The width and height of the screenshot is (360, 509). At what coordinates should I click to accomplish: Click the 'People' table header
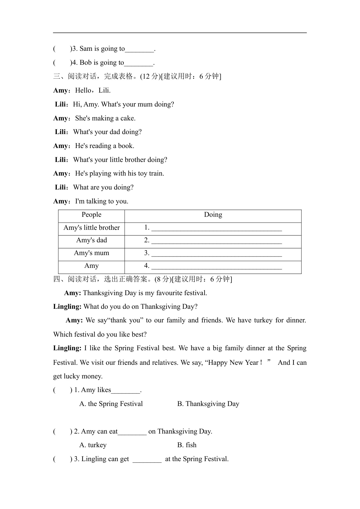click(91, 215)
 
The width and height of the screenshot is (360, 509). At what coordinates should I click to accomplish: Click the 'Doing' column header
click(213, 215)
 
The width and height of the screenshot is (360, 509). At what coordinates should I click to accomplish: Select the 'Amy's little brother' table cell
click(91, 228)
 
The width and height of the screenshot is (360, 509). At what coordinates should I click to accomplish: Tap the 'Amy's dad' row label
click(91, 240)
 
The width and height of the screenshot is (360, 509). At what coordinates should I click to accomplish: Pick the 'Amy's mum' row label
click(91, 253)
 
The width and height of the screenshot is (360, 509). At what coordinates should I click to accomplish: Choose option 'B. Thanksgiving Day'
click(208, 404)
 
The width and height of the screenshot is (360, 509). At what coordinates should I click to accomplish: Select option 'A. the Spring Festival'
click(111, 404)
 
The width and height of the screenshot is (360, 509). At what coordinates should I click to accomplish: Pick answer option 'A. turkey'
click(93, 445)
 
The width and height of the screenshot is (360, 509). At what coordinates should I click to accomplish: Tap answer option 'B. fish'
click(187, 445)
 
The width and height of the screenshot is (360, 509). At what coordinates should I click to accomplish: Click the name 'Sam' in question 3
click(86, 49)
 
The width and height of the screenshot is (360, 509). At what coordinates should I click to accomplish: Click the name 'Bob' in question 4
click(86, 63)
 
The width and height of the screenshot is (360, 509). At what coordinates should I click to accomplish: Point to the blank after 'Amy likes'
click(126, 391)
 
